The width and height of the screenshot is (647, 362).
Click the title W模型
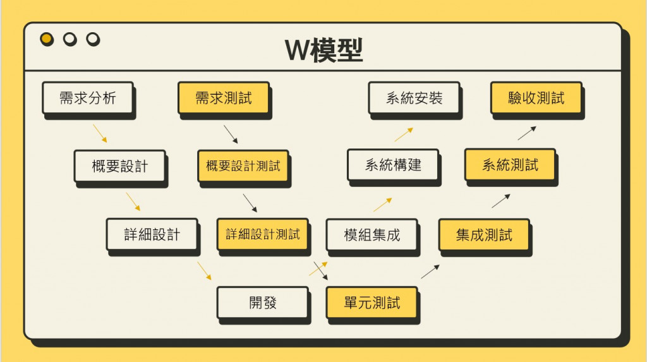[323, 50]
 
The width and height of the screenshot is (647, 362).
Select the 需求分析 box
[88, 98]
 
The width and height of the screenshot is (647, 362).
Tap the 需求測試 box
[223, 98]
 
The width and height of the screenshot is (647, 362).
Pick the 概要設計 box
[119, 166]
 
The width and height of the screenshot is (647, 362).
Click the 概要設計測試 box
[243, 166]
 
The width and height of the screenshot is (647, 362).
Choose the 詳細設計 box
[152, 234]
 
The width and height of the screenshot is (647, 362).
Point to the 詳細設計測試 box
[263, 234]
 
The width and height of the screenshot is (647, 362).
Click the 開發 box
[262, 303]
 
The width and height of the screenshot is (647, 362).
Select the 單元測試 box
[372, 303]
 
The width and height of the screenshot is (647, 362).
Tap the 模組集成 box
[372, 235]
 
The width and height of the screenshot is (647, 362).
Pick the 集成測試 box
[484, 235]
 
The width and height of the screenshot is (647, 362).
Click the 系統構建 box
[393, 166]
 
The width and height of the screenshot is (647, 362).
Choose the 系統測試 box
[510, 166]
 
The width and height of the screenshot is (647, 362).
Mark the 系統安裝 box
[414, 98]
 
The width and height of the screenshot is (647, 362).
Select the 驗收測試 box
[536, 98]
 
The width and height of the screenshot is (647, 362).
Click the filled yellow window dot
[47, 39]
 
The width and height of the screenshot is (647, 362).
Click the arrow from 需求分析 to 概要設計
[100, 133]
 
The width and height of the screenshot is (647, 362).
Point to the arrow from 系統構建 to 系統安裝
[404, 134]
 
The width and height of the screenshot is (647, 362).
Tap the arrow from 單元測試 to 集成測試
[430, 272]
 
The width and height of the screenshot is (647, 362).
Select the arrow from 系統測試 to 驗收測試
[527, 133]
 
